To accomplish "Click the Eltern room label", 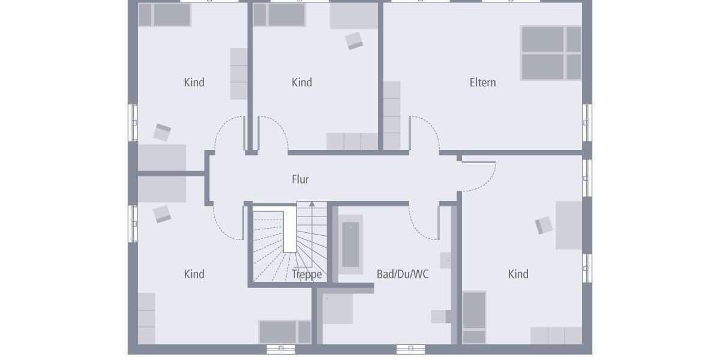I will click(x=482, y=83).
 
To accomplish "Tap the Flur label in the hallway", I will click(x=300, y=179).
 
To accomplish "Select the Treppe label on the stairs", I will click(x=307, y=275).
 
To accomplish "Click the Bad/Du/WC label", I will click(x=403, y=275).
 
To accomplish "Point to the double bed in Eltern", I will click(x=551, y=53).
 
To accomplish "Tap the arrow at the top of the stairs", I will click(x=311, y=205).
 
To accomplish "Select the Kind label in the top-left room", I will click(x=194, y=83).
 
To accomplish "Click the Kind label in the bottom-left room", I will click(x=194, y=275).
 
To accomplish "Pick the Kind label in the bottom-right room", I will click(x=518, y=275).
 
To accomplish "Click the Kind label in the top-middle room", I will click(x=302, y=83).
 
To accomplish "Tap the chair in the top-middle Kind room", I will click(x=354, y=40).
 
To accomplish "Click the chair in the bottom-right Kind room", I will click(x=544, y=225).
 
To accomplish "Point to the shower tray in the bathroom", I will click(x=337, y=309).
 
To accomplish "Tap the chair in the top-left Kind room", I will click(x=162, y=133).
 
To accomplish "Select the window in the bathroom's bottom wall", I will click(x=410, y=349).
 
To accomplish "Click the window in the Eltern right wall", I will click(x=587, y=122).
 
